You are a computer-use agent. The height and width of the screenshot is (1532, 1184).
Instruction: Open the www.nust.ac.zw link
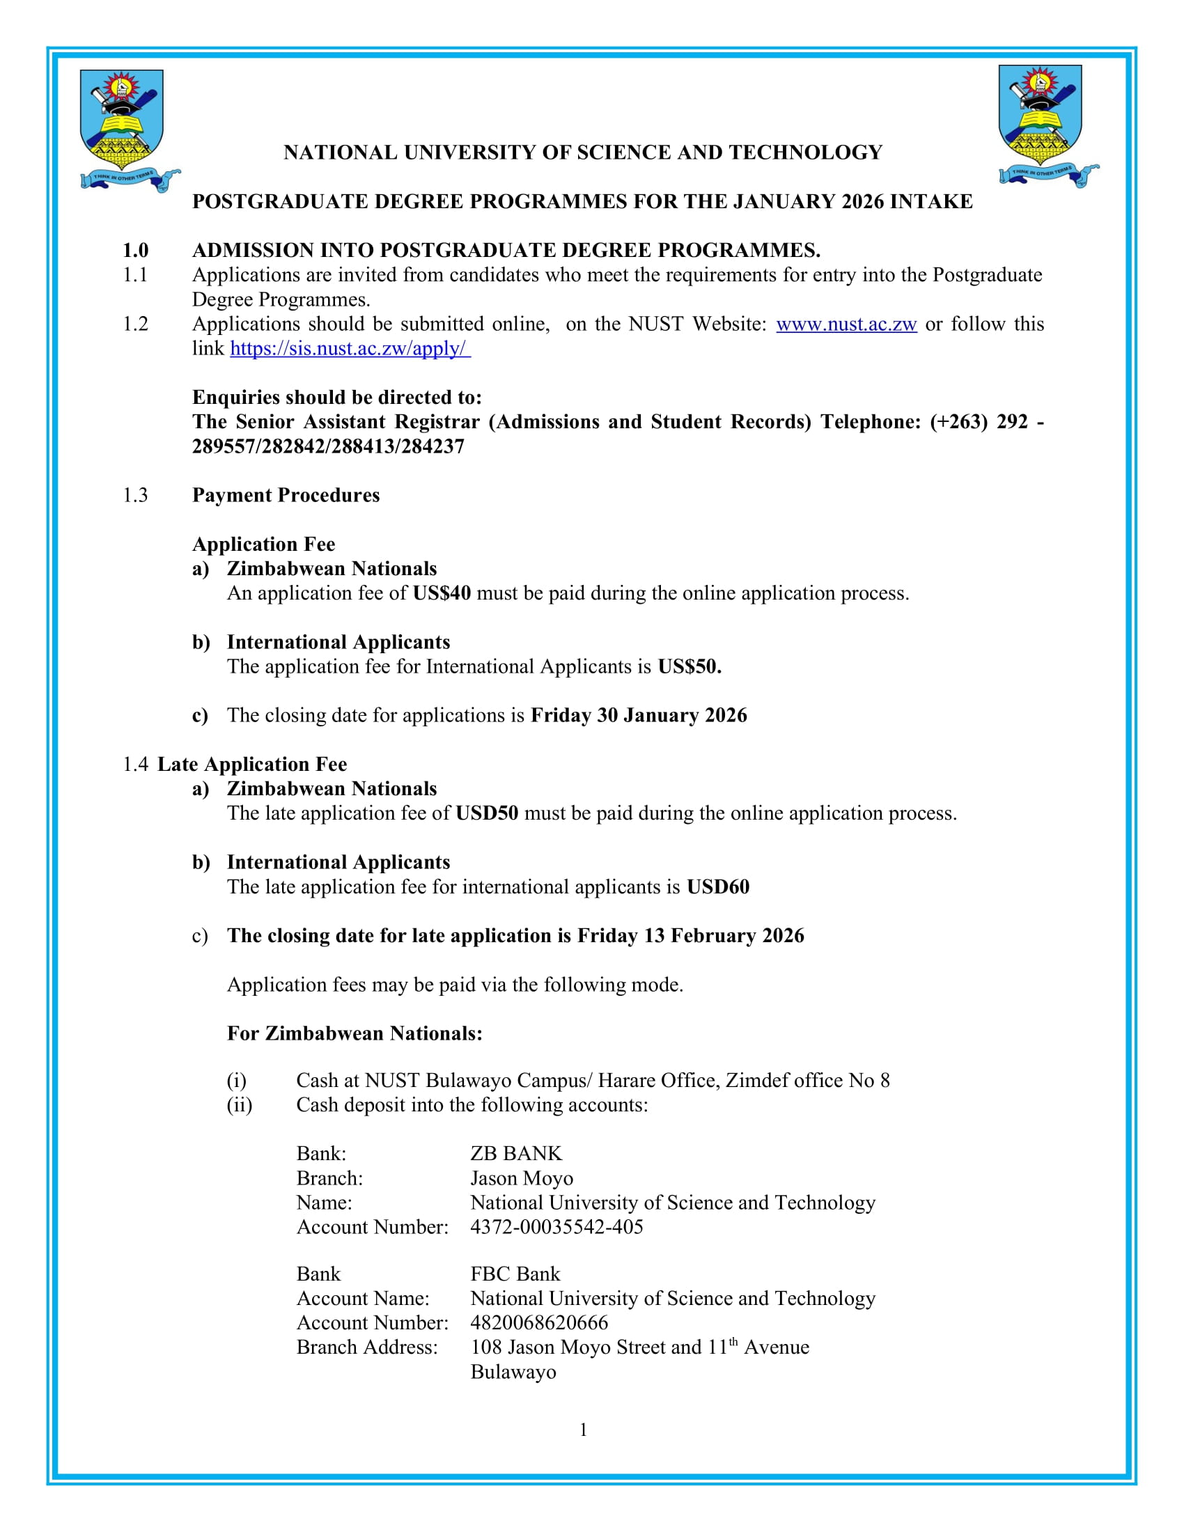(x=846, y=324)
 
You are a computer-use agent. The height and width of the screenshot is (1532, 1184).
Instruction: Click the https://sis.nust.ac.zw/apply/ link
(x=350, y=349)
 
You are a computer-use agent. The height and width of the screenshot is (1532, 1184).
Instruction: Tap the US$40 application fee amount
(x=441, y=593)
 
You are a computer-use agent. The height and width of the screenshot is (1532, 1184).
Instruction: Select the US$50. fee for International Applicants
(x=689, y=666)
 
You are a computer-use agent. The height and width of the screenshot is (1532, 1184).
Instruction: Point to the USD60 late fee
(x=717, y=887)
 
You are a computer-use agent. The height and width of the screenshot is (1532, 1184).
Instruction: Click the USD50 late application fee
(x=487, y=813)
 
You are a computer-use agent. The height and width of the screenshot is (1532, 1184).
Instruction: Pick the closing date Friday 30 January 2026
(x=638, y=715)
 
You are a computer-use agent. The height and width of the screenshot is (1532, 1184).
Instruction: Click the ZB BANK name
(x=515, y=1154)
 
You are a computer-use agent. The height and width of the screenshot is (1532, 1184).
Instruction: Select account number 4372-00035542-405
(x=556, y=1227)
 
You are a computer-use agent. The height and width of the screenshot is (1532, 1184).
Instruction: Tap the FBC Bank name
(x=515, y=1274)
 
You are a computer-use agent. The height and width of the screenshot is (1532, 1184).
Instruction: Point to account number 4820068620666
(x=538, y=1323)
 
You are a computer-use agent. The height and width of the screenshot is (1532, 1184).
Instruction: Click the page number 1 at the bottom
(x=583, y=1430)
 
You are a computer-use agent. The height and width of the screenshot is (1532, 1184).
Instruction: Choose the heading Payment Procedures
(x=286, y=495)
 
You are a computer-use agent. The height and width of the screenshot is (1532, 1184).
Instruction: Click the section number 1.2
(x=135, y=324)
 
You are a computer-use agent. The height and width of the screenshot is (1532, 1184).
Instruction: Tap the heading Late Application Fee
(x=252, y=765)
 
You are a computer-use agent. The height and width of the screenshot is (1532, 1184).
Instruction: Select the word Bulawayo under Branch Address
(x=513, y=1372)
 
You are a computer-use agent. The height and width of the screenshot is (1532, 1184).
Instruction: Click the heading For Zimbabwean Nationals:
(x=355, y=1034)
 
